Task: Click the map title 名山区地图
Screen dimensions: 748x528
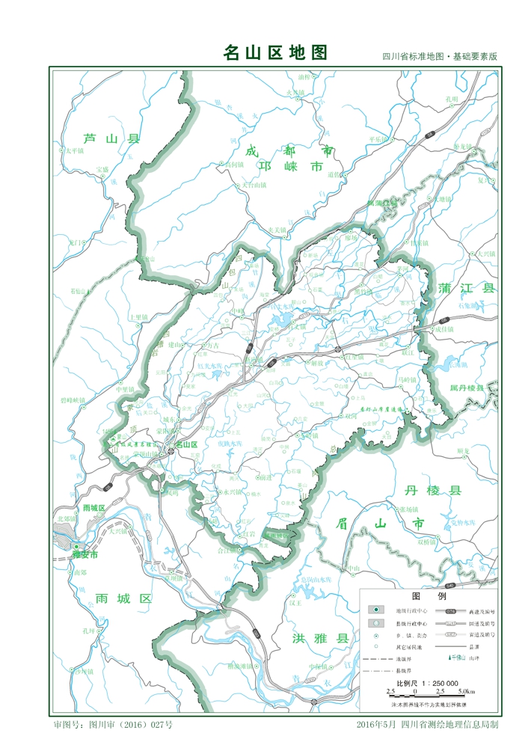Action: click(275, 52)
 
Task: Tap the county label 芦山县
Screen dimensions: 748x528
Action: click(111, 138)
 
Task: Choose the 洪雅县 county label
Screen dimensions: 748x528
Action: click(321, 638)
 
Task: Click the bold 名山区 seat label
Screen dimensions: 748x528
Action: click(186, 445)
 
